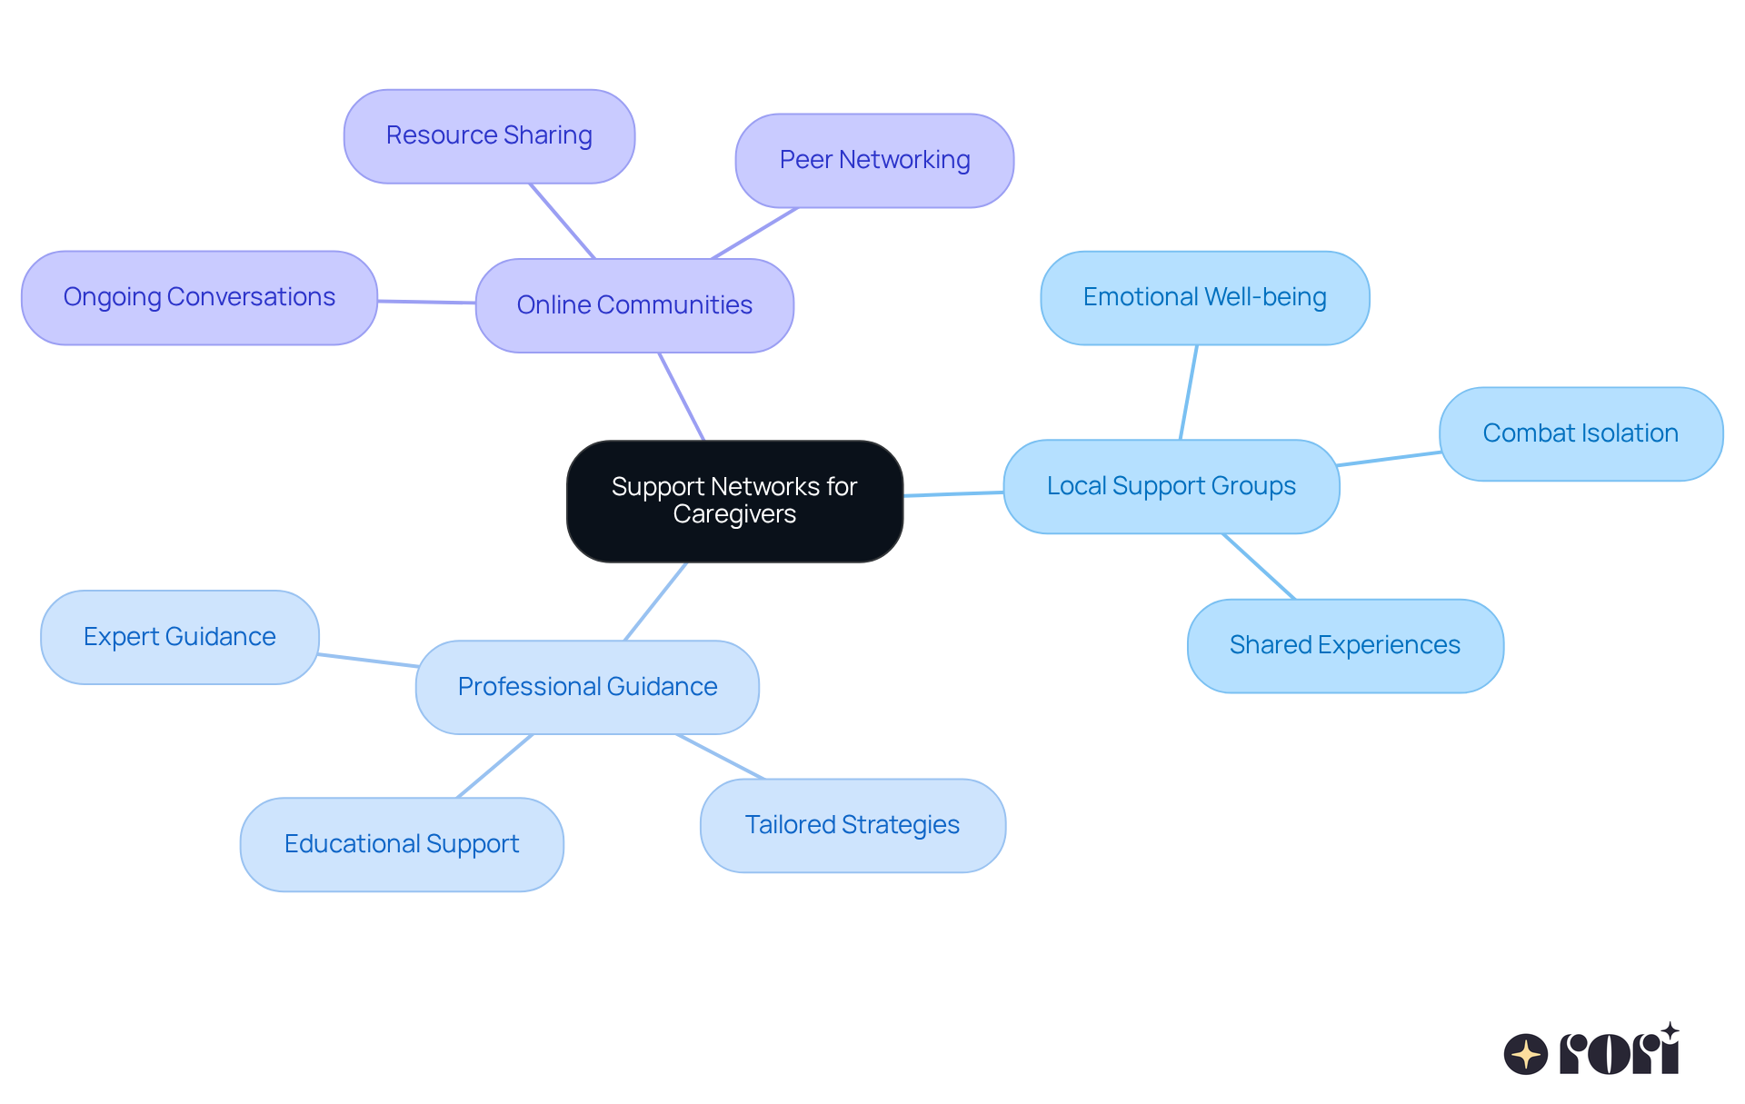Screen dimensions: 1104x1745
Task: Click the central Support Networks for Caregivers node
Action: coord(734,501)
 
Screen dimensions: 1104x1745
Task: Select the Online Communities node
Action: coord(634,305)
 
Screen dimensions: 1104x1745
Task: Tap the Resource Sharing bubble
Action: coord(489,136)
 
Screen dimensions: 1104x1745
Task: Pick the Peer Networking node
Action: coord(874,161)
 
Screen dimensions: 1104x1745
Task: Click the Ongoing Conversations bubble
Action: coord(199,298)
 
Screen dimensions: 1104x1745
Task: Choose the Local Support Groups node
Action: coord(1171,487)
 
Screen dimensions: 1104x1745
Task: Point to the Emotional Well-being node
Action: coord(1204,298)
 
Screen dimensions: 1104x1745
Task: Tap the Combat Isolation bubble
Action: coord(1580,434)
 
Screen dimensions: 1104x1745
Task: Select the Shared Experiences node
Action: coord(1344,646)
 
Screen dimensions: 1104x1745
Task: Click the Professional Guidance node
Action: coord(587,687)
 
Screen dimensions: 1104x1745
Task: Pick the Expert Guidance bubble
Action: coord(180,637)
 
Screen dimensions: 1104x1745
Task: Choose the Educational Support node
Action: coord(402,844)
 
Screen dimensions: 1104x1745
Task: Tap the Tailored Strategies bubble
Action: coord(853,825)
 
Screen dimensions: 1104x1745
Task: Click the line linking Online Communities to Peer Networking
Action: coord(754,234)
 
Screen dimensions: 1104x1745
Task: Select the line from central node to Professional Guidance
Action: coord(655,602)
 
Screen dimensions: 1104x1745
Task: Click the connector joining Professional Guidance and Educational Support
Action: coord(494,766)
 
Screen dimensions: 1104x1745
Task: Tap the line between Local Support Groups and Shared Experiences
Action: coord(1259,566)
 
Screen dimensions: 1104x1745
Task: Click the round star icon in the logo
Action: coord(1525,1054)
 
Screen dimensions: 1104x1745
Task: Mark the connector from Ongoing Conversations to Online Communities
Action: coord(426,302)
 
